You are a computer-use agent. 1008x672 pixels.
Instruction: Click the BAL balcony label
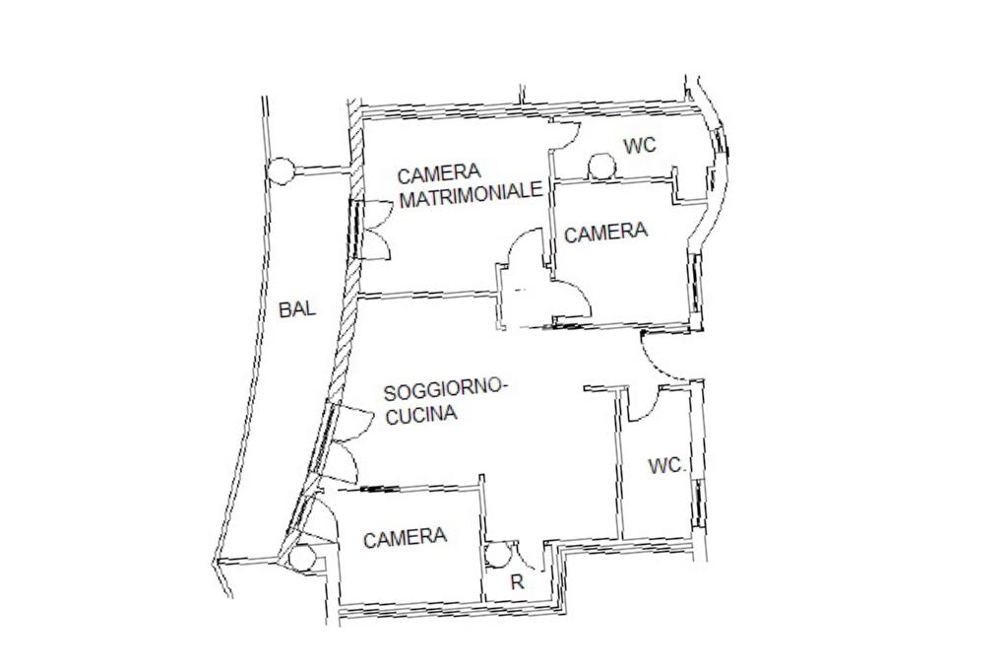[x=297, y=309]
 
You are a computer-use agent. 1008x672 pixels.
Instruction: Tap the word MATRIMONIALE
[x=472, y=193]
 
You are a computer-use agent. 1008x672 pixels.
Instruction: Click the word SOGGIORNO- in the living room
[x=445, y=390]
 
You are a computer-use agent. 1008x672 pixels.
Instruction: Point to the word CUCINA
[x=421, y=415]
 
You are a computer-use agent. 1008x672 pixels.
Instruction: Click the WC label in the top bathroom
[x=640, y=146]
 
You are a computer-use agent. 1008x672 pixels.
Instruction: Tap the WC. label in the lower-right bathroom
[x=667, y=466]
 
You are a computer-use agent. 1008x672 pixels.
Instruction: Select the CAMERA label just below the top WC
[x=606, y=233]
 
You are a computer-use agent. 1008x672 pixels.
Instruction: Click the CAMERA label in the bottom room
[x=405, y=538]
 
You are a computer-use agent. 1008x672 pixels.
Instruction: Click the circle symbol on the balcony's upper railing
[x=282, y=171]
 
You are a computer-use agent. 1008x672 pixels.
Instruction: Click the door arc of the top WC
[x=565, y=136]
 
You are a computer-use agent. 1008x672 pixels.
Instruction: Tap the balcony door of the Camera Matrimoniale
[x=372, y=230]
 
